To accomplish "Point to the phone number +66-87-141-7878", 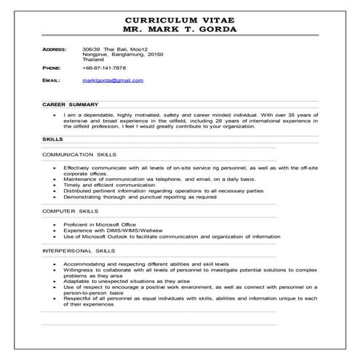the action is (105, 67).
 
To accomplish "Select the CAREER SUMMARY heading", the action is (65, 104).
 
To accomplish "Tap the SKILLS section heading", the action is (52, 139).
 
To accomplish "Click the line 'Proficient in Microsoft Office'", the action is (100, 225).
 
